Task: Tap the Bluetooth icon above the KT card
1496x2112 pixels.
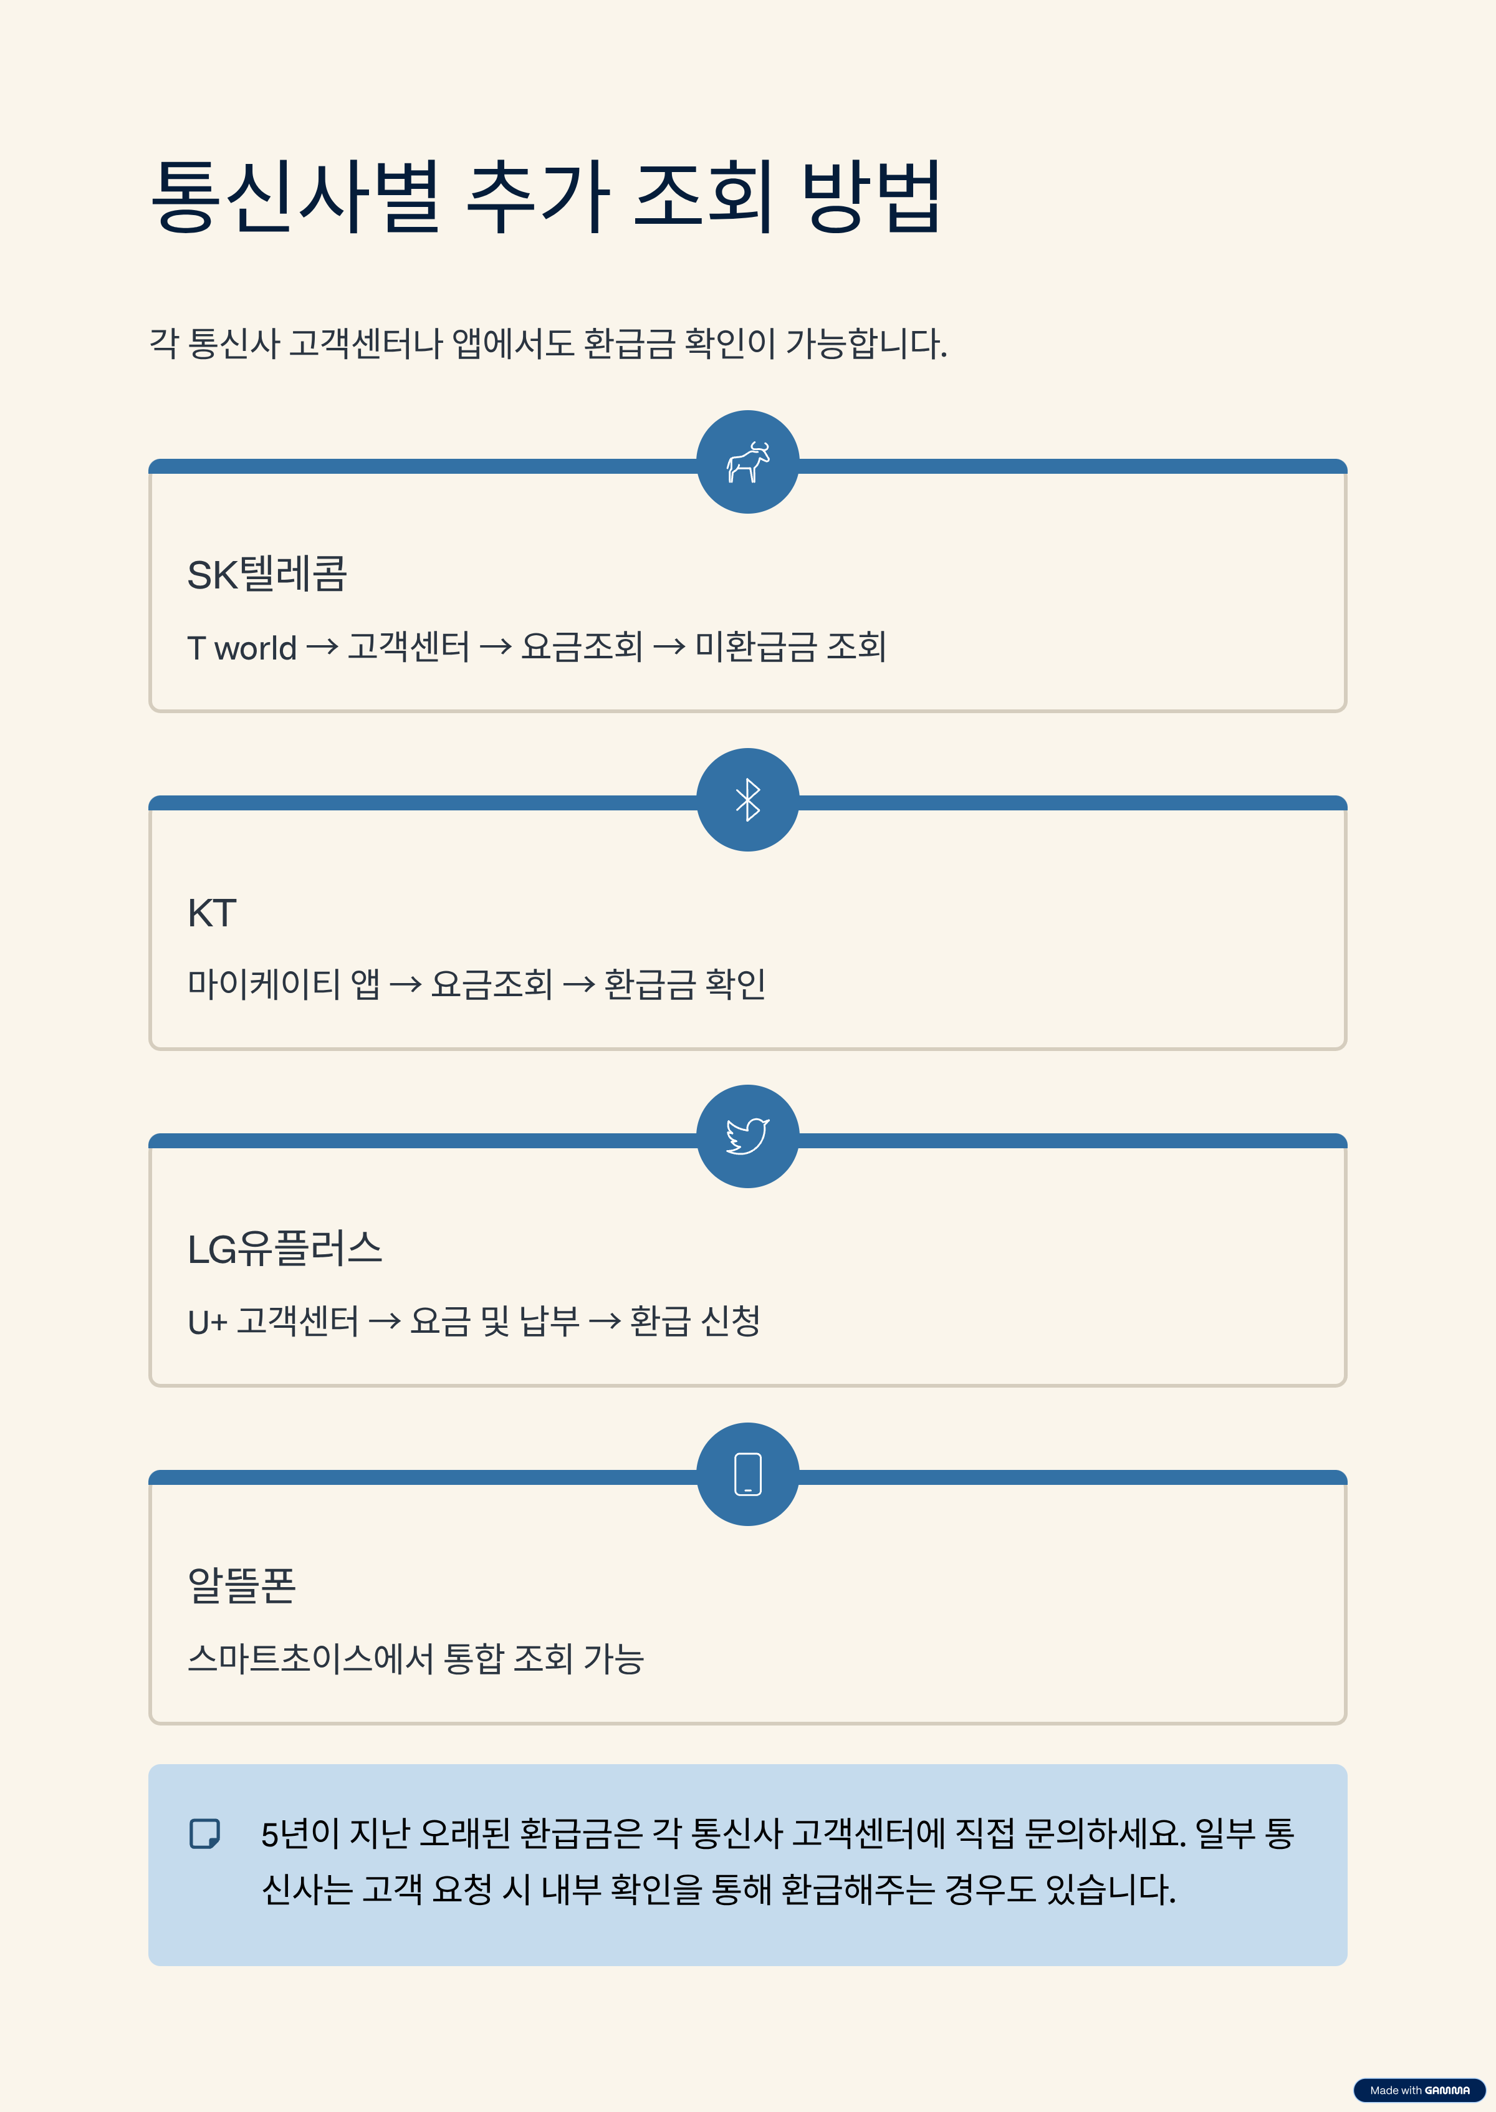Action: click(x=747, y=800)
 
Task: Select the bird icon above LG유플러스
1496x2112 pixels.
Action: click(x=747, y=1136)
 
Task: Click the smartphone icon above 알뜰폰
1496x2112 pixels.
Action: click(x=747, y=1474)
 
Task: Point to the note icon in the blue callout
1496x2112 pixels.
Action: click(x=204, y=1833)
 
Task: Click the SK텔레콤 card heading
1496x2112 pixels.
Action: click(x=267, y=574)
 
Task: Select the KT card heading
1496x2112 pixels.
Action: click(x=212, y=913)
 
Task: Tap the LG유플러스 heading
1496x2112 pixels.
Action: click(x=285, y=1249)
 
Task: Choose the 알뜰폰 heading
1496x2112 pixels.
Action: click(x=241, y=1585)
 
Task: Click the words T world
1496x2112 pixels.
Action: click(x=241, y=648)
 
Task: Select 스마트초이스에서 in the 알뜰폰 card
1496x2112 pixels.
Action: click(x=310, y=1659)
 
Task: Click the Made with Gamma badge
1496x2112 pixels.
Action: click(x=1419, y=2090)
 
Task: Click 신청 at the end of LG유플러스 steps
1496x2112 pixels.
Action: click(x=731, y=1321)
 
